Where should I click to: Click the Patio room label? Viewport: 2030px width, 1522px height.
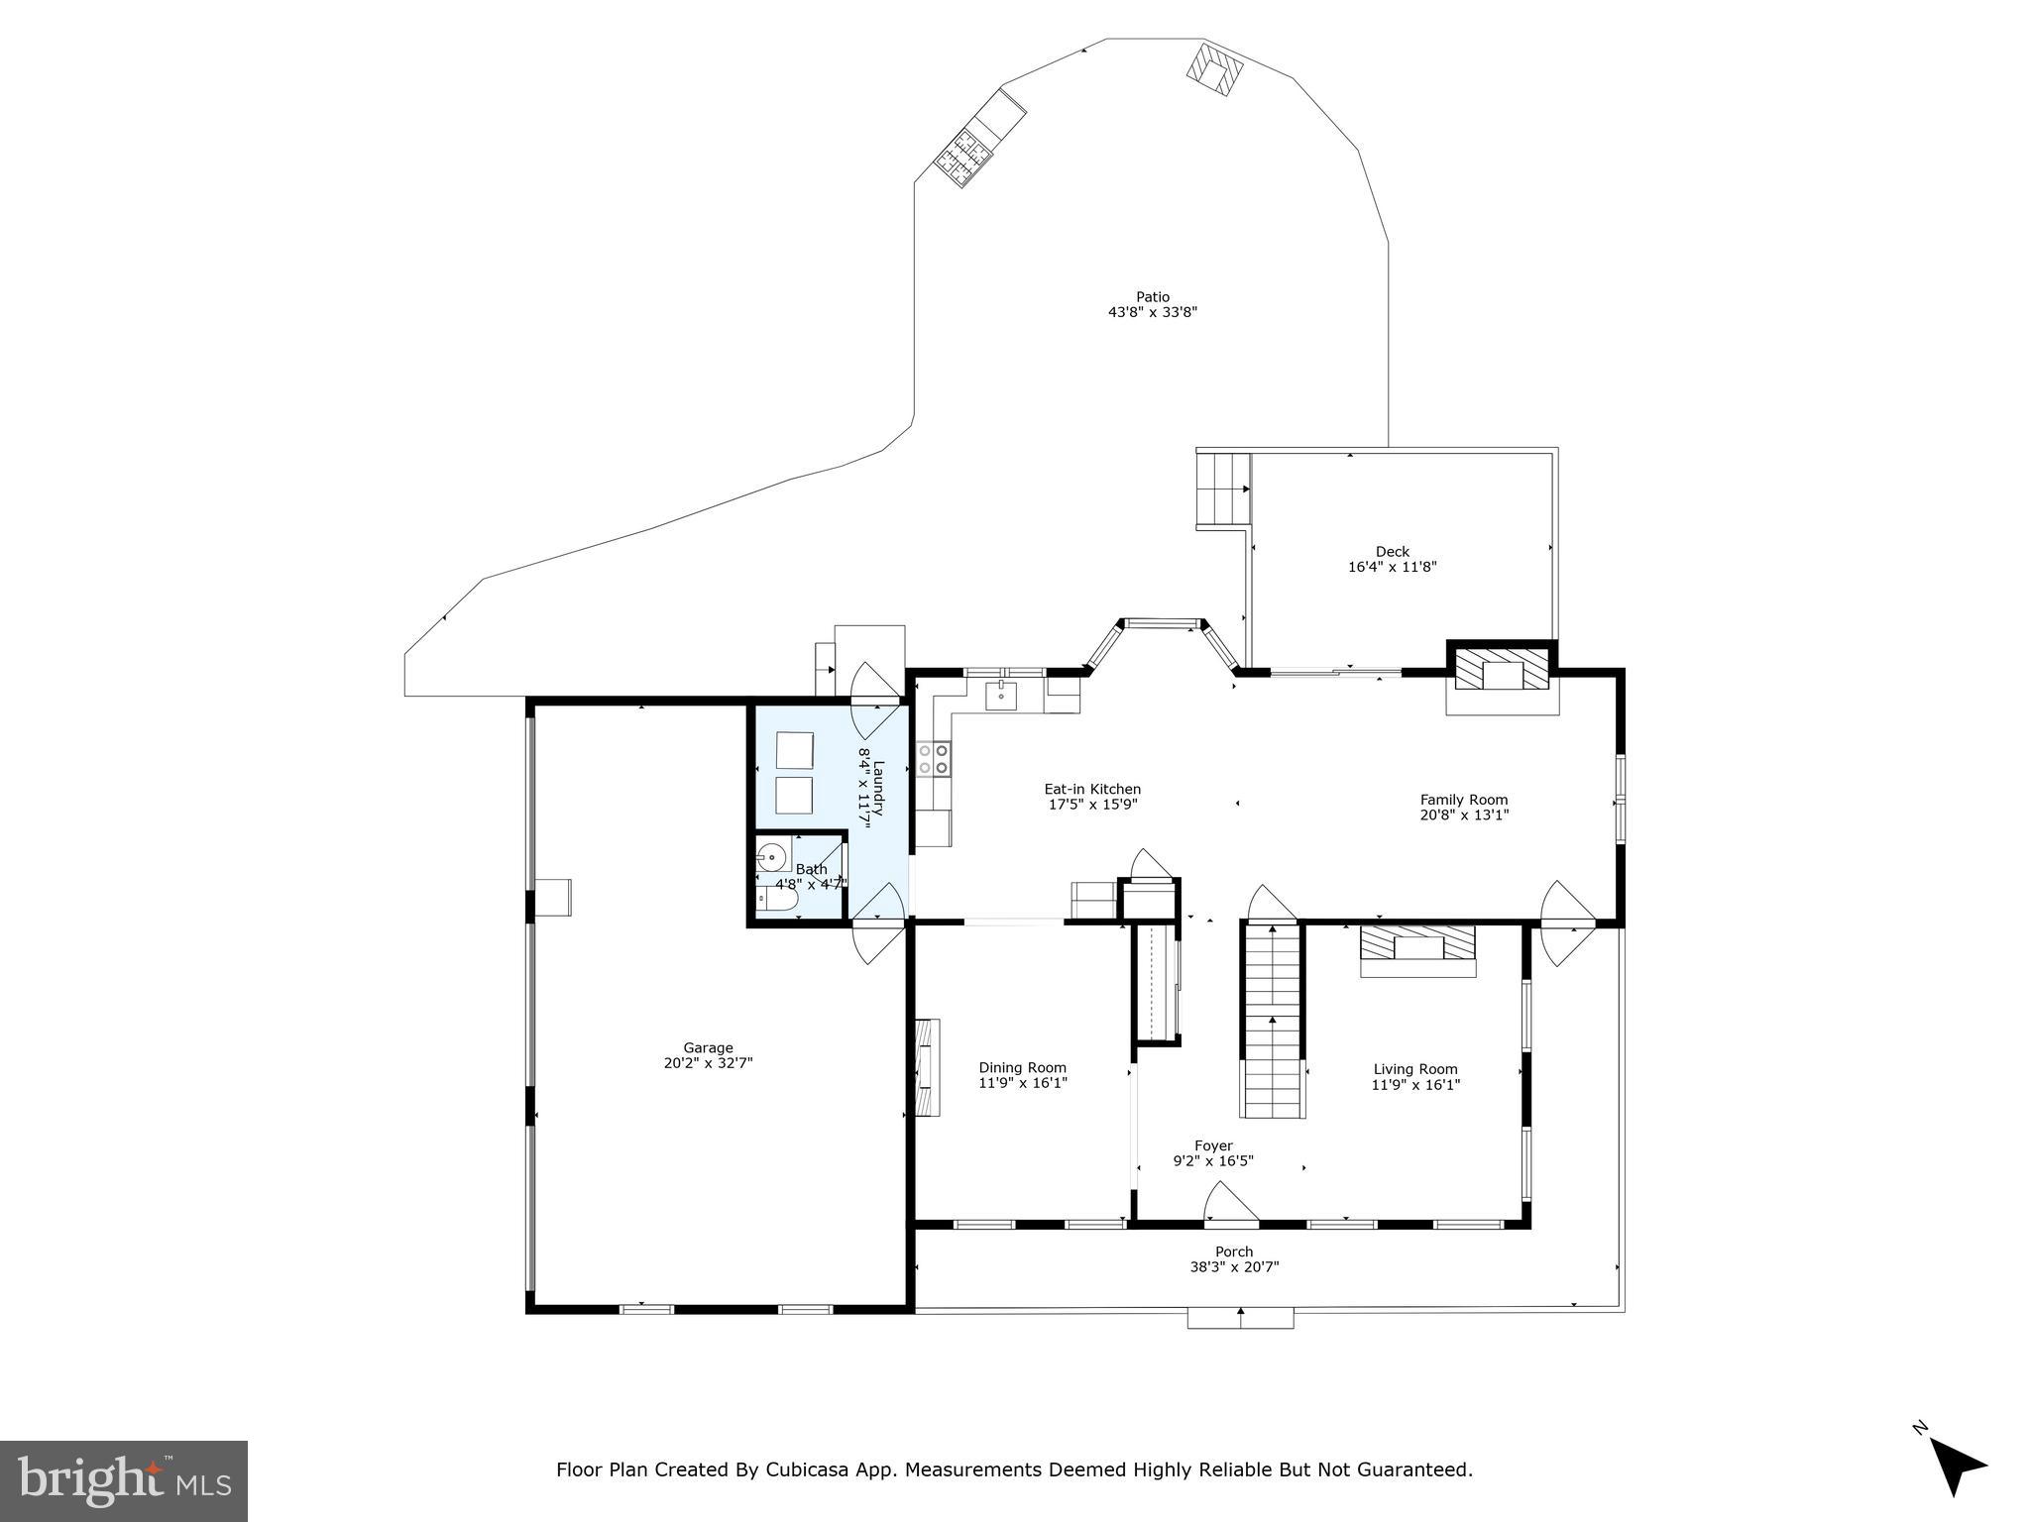[1153, 297]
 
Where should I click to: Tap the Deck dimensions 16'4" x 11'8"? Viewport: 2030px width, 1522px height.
[1392, 568]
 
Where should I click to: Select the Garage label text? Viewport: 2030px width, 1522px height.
[708, 1047]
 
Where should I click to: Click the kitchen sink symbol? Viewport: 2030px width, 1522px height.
[1001, 696]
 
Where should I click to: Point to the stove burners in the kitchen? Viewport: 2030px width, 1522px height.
[933, 760]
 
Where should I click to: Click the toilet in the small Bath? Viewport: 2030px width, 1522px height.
[777, 900]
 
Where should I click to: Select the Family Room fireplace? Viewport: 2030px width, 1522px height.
[1502, 669]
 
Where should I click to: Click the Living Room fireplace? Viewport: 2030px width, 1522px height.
[1417, 943]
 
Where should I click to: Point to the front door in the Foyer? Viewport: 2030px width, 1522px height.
[1230, 1207]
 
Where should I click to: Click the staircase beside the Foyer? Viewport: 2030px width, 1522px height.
[1272, 1021]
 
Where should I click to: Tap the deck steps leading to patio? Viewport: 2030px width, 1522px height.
[1223, 489]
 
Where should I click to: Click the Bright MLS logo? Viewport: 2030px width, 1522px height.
[124, 1480]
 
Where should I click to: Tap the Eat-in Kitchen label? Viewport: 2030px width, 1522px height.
[1092, 790]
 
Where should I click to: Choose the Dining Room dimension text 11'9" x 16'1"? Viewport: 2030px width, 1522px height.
[1023, 1084]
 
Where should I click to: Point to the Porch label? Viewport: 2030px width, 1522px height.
[1234, 1251]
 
